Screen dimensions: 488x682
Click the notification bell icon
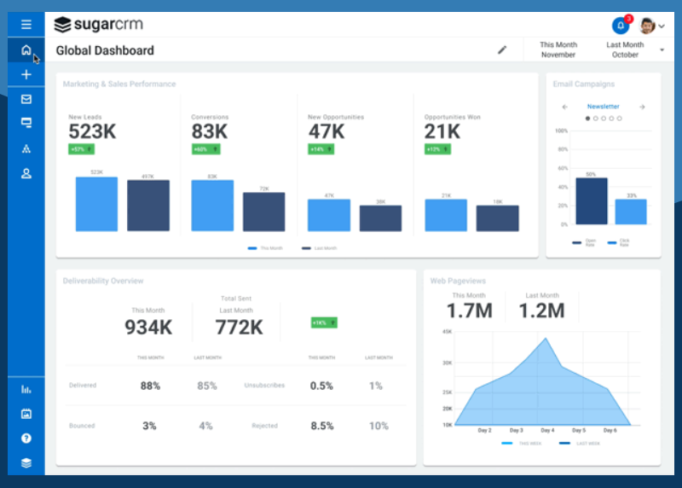point(620,25)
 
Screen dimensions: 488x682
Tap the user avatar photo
point(647,26)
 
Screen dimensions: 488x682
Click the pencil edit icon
point(502,50)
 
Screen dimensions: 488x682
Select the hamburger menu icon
point(26,24)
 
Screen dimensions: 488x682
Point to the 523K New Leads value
point(92,131)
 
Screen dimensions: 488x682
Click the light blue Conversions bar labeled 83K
point(212,205)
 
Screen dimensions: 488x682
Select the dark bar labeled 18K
point(497,218)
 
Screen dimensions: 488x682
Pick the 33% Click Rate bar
point(631,212)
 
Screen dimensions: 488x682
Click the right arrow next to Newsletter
point(642,107)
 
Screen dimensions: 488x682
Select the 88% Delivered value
point(150,386)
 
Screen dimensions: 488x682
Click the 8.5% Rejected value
point(321,426)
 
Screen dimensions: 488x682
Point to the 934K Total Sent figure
point(148,327)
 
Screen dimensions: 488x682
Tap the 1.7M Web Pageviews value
point(470,311)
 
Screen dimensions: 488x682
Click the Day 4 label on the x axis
point(546,431)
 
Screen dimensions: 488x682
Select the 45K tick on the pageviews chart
point(447,332)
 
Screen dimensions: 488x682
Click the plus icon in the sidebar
point(26,75)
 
